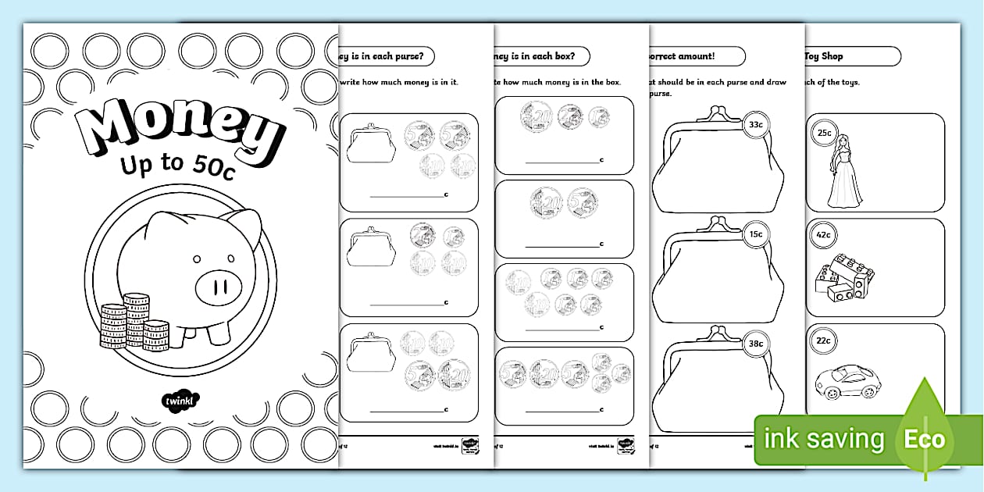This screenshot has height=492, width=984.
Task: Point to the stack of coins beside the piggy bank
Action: click(x=134, y=321)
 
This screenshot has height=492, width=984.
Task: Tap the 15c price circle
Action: click(x=755, y=234)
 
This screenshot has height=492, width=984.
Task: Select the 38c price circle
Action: click(x=755, y=341)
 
